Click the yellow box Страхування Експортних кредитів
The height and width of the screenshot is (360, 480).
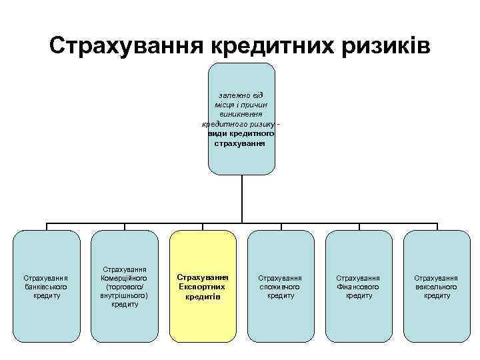tap(203, 285)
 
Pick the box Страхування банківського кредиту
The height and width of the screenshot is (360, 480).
tap(46, 285)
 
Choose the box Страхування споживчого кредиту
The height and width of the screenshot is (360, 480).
tap(281, 285)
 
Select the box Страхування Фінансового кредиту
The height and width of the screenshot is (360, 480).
tap(359, 285)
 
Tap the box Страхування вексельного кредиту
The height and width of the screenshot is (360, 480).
tap(437, 285)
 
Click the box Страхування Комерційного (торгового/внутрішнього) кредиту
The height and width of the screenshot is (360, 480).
tap(125, 285)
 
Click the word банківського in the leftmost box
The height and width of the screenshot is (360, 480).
tap(46, 287)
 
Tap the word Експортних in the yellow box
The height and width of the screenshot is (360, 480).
tap(203, 287)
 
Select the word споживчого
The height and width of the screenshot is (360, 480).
tap(281, 287)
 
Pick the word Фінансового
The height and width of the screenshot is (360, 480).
tap(359, 287)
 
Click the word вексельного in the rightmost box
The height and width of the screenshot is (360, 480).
tap(437, 287)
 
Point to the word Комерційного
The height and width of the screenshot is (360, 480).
tap(125, 278)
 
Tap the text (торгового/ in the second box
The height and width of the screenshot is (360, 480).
tap(125, 287)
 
